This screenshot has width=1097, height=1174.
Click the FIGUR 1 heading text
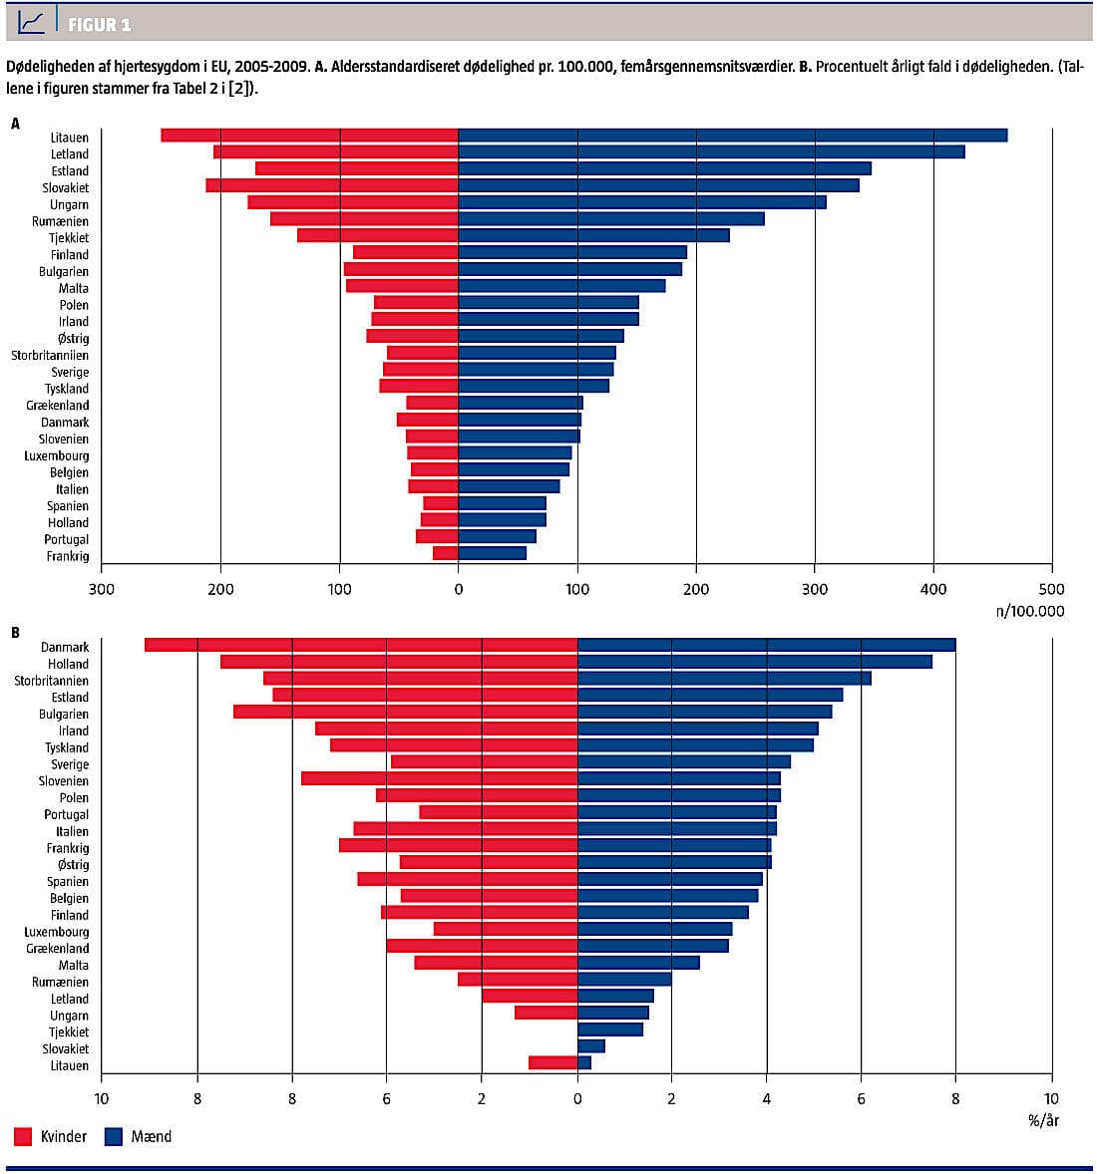click(99, 24)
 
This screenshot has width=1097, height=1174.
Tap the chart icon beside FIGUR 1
click(32, 22)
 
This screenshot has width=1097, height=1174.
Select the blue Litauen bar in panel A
click(732, 136)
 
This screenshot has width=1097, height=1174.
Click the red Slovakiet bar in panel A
click(332, 186)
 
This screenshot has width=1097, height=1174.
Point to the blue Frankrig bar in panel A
click(492, 553)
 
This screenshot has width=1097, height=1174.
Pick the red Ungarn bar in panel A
click(353, 203)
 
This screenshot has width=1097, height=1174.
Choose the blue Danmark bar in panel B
click(766, 646)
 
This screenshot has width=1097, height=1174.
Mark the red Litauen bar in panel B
click(552, 1063)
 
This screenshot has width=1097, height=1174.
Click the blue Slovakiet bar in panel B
click(590, 1046)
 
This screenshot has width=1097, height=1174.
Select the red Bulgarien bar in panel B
click(405, 713)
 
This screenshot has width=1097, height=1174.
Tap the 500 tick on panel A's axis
click(1051, 589)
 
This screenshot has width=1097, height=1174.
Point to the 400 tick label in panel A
click(933, 589)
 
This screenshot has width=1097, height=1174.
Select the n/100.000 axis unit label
click(1029, 611)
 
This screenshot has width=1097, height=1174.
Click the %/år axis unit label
click(1042, 1120)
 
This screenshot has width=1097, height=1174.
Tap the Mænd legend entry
click(151, 1136)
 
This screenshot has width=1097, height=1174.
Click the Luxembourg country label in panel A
click(57, 455)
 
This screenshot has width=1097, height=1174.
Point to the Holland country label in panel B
click(68, 664)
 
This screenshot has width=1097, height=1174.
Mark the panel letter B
click(15, 632)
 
